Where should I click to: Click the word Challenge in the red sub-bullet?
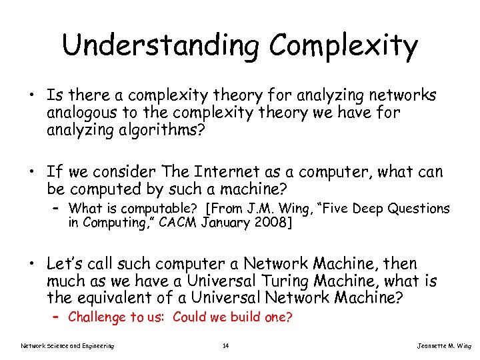[x=97, y=317]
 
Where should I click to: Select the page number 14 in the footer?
[x=226, y=345]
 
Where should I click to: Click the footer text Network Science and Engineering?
[x=67, y=345]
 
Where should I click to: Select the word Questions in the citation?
[x=421, y=209]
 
